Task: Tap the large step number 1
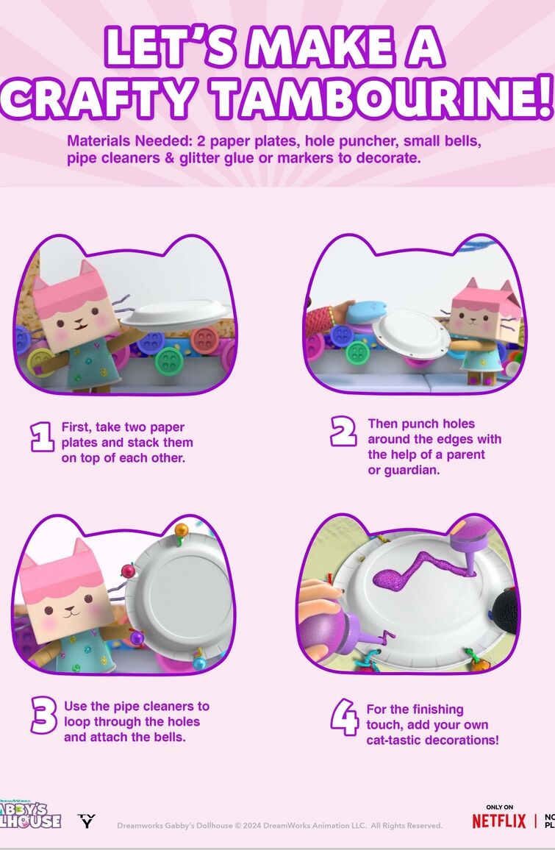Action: (42, 437)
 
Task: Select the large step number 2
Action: (343, 432)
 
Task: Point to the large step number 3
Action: (43, 715)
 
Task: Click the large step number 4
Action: (345, 717)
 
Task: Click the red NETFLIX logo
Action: (498, 821)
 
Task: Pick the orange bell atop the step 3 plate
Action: (181, 529)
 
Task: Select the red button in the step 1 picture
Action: (204, 340)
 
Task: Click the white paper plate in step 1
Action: (176, 315)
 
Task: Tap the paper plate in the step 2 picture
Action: (411, 334)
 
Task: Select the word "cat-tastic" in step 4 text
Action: (394, 740)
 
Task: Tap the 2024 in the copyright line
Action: (252, 826)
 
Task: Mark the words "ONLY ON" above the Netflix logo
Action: (499, 807)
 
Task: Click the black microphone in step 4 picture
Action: (504, 612)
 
